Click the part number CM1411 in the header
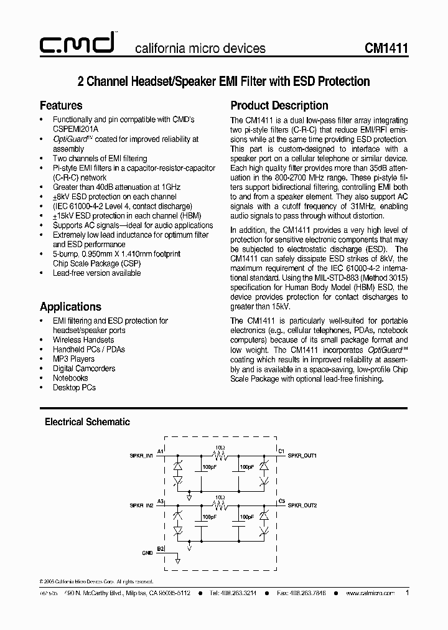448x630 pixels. (386, 48)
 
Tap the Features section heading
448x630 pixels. (61, 105)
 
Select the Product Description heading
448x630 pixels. (279, 105)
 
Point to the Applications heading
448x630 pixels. (70, 306)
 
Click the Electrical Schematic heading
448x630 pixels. (87, 421)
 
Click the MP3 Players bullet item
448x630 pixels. (73, 359)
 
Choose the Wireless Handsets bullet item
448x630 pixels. (83, 340)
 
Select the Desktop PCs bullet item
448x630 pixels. (74, 387)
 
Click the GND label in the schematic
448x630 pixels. (147, 552)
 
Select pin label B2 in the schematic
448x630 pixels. (161, 548)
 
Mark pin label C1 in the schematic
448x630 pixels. (281, 450)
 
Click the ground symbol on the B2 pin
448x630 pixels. (177, 560)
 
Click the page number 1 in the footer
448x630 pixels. (407, 593)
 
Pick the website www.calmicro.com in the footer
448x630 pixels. (370, 594)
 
